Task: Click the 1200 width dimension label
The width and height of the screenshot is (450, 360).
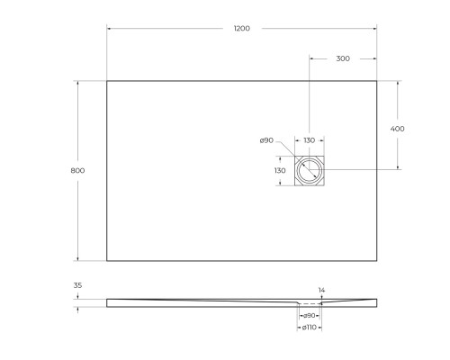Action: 241,29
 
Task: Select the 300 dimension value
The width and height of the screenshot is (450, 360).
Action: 342,58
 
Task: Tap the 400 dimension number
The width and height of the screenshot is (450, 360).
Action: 398,129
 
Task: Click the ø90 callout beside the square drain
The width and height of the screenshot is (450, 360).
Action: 266,140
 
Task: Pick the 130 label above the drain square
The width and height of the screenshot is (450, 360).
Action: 309,140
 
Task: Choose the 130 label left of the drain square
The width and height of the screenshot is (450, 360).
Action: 280,170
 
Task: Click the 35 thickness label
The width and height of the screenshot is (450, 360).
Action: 77,285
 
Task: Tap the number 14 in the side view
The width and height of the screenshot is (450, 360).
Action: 321,290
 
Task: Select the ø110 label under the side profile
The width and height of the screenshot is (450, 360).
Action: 309,327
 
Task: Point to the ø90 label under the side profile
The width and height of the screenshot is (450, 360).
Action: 309,315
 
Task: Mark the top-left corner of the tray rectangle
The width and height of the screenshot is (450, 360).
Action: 107,81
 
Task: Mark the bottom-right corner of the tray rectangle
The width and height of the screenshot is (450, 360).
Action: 376,261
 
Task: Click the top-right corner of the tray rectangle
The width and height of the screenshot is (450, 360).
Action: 376,81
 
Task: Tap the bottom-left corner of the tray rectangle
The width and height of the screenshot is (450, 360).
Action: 107,261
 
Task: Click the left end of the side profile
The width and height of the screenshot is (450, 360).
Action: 108,301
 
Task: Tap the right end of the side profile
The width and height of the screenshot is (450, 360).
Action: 375,301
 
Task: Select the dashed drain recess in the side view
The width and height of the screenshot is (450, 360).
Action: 309,303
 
